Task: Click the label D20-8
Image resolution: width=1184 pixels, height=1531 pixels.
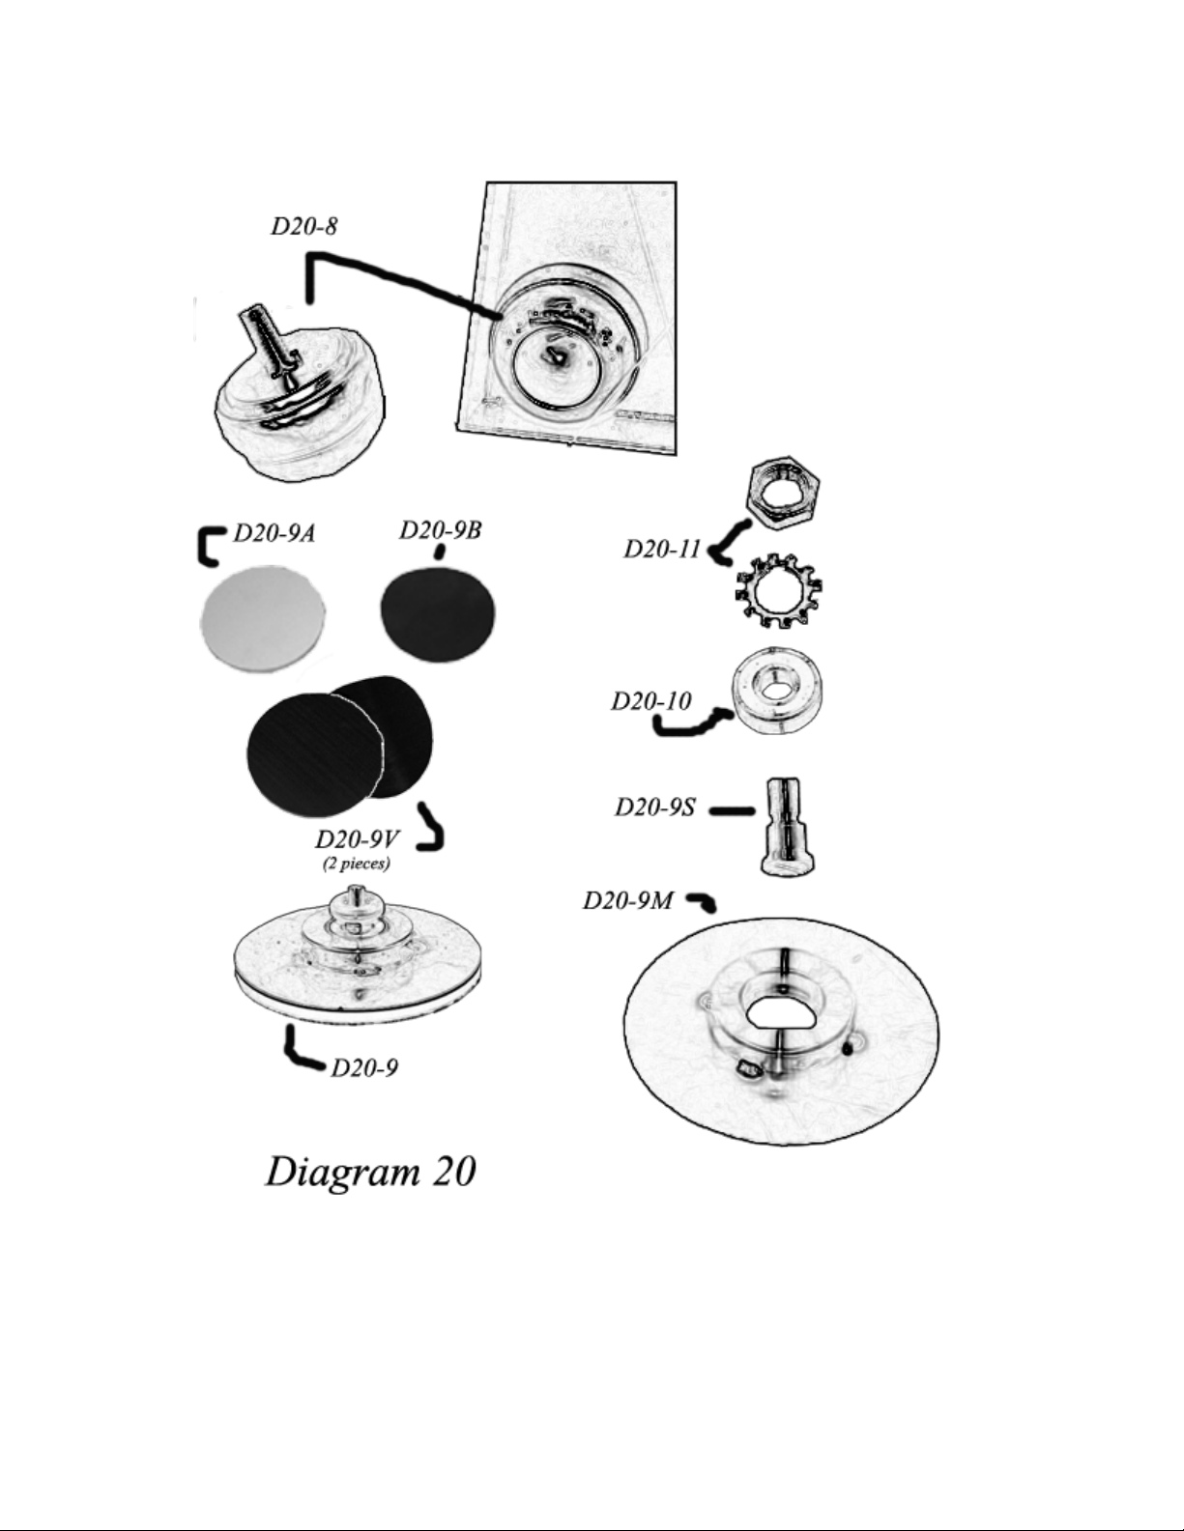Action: (304, 226)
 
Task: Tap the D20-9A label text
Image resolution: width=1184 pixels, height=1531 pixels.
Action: (274, 533)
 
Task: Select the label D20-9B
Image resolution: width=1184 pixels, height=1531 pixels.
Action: (441, 530)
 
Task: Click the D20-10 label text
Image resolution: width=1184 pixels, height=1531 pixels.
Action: (651, 701)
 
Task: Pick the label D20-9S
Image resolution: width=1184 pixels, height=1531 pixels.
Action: (655, 808)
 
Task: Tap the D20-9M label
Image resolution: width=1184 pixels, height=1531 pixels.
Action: (628, 900)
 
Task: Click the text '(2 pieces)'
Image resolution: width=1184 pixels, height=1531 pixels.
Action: (357, 864)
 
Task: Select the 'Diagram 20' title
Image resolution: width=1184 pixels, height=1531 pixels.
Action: (371, 1171)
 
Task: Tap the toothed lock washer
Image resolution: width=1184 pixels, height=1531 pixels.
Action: (779, 590)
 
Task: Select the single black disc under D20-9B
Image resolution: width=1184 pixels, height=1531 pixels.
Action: (438, 610)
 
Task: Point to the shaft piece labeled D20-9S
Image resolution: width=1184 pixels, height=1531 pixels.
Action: (787, 826)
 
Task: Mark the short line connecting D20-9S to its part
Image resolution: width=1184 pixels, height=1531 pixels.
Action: (732, 811)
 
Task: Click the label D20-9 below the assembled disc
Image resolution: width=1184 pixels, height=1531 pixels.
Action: (364, 1068)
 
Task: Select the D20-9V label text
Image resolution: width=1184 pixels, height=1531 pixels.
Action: (358, 839)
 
